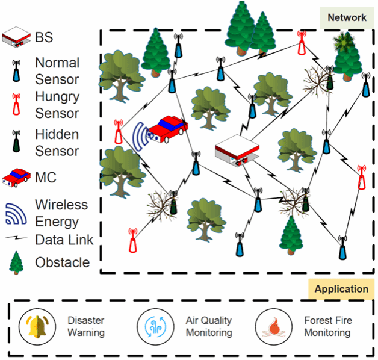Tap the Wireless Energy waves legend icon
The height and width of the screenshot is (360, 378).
point(16,213)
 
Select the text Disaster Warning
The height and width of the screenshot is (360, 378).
point(86,327)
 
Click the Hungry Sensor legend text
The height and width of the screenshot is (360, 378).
point(57,104)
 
